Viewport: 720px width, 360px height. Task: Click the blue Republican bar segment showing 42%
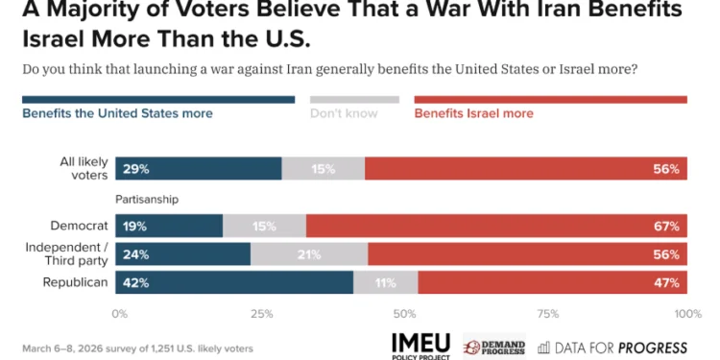234,283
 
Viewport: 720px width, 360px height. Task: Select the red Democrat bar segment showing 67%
496,227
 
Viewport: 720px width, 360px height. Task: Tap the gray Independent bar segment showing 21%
309,254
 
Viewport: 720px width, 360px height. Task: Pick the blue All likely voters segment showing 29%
199,169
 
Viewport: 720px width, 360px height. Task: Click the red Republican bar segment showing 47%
552,283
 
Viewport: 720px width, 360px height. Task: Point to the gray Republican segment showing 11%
386,283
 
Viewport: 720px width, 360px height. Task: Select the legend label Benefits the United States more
117,113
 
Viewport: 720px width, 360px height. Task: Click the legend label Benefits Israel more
473,113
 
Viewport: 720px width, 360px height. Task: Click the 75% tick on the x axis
548,313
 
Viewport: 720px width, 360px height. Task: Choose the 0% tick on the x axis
120,313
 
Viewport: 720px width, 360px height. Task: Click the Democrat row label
82,227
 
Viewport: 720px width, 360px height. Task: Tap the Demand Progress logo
493,346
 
